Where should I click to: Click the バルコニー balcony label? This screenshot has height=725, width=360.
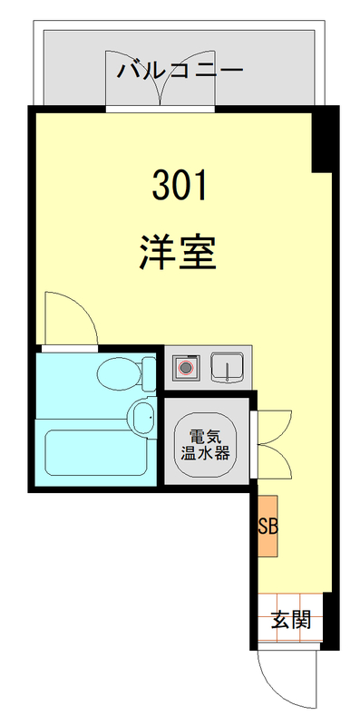pyautogui.click(x=180, y=70)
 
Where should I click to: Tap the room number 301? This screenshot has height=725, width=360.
pyautogui.click(x=180, y=187)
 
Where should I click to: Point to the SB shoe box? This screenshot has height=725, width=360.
pyautogui.click(x=268, y=527)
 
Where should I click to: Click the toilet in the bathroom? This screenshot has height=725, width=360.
pyautogui.click(x=122, y=371)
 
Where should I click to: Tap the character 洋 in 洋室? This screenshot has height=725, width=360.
pyautogui.click(x=156, y=253)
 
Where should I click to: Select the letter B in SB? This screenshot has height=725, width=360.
pyautogui.click(x=271, y=527)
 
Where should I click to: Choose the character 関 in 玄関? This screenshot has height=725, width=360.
pyautogui.click(x=302, y=621)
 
